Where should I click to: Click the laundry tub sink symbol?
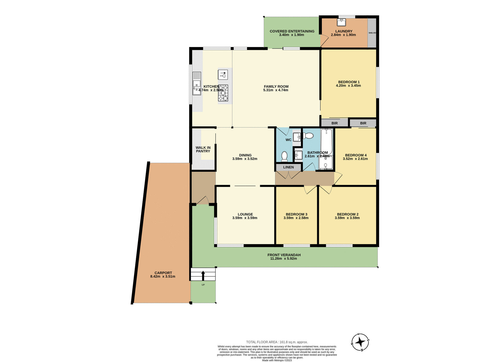click(341, 22)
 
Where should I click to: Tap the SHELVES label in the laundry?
click(372, 33)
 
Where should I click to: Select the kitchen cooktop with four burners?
click(223, 93)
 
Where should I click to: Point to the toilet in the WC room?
click(284, 156)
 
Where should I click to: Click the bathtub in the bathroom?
click(326, 141)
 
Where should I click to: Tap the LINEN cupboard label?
click(288, 167)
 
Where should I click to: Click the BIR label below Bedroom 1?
click(335, 123)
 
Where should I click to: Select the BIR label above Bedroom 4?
click(363, 123)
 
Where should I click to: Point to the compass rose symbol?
click(360, 342)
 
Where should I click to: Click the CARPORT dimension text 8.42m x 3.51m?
click(163, 277)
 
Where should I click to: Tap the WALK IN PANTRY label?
click(203, 149)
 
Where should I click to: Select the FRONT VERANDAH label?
click(284, 255)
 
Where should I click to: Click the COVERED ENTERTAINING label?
click(292, 31)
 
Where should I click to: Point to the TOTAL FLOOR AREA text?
click(277, 342)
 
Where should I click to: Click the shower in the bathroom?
click(326, 163)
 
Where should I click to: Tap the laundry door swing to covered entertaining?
click(325, 41)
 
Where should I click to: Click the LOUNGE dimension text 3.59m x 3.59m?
click(245, 218)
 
